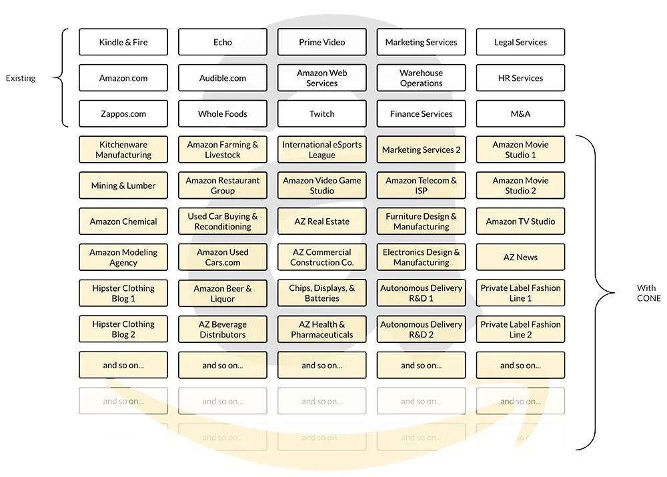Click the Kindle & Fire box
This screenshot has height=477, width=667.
coord(123,42)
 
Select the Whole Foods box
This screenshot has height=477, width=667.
coord(223,114)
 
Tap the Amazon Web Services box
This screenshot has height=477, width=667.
coord(322,78)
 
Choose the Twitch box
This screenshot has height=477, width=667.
coord(322,114)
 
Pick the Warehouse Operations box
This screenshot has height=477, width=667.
coord(422,78)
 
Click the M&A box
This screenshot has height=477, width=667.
coord(520,114)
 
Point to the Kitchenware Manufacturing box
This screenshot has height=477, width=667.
coord(123,150)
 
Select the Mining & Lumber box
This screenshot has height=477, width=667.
coord(123,186)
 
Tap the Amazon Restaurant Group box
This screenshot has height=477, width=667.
coord(223,186)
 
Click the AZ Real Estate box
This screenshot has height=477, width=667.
coord(322,221)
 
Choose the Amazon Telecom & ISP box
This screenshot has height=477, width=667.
coord(422,186)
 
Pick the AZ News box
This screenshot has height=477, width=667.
coord(520,258)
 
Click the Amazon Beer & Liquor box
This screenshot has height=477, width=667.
coord(223,294)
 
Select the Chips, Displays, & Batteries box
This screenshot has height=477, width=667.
coord(322,294)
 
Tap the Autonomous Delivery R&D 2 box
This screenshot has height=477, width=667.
coord(422,330)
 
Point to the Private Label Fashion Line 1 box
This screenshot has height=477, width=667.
coord(520,294)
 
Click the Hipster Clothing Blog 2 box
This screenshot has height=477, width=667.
coord(123,330)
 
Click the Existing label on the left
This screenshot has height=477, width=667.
coord(21,78)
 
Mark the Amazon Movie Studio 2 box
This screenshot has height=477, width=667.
coord(520,186)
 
